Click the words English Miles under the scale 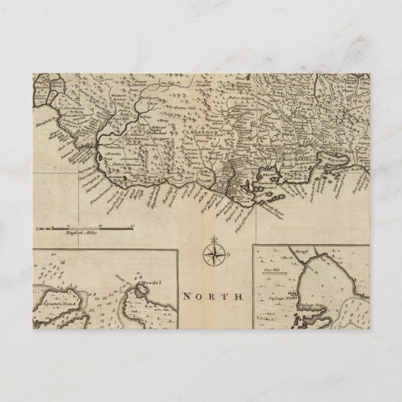pyautogui.click(x=83, y=232)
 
